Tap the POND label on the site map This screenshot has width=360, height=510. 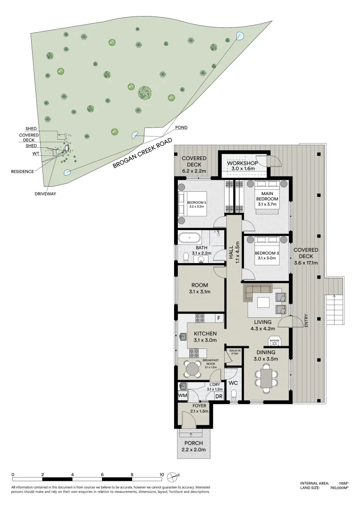coord(181,128)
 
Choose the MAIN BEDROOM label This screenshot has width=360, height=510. coord(268,196)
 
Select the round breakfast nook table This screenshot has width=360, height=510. coord(192,368)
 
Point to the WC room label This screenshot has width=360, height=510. coord(233,383)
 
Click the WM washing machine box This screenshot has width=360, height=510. coord(183,396)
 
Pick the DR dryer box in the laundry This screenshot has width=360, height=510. coord(218,396)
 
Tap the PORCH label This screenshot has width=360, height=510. coord(194,443)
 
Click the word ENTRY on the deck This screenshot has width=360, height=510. coord(306,321)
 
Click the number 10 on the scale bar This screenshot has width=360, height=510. coord(162,475)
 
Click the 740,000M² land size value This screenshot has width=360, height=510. coord(339,488)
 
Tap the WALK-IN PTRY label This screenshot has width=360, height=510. coord(234,352)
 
